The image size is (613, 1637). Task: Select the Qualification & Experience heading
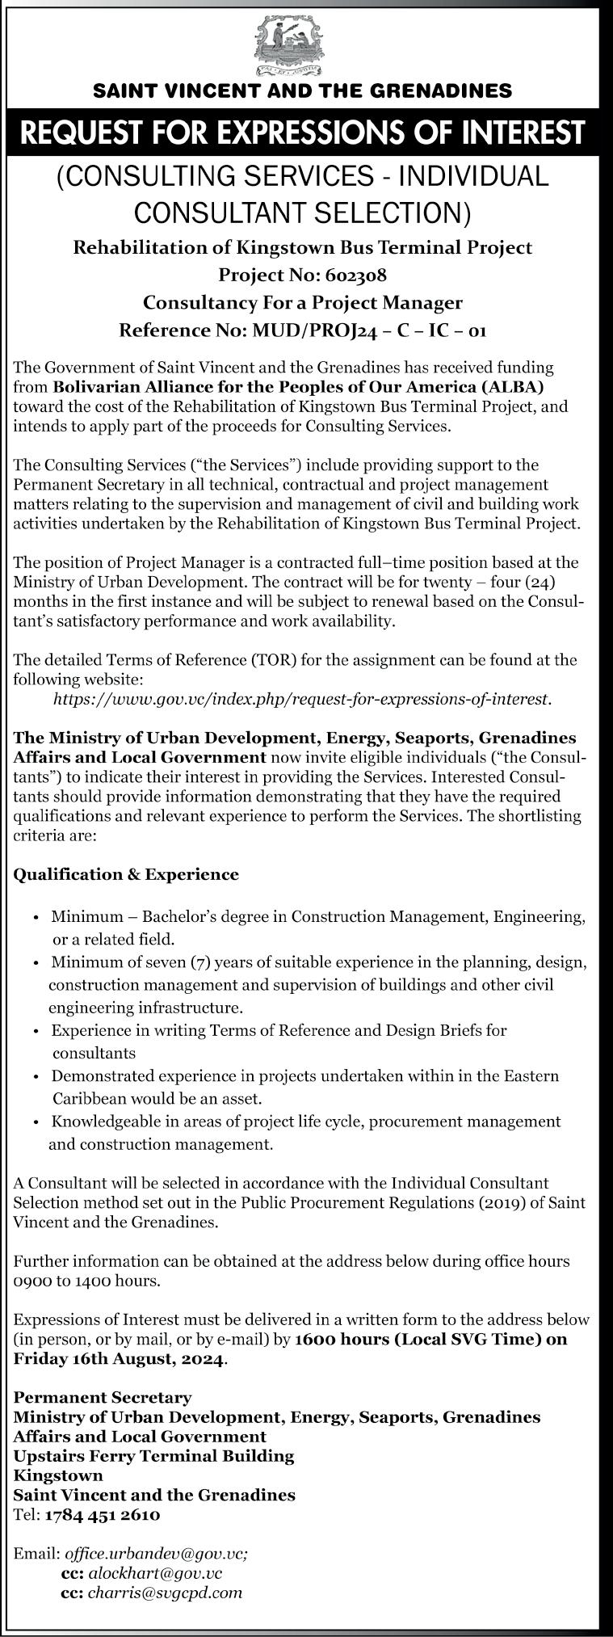[126, 874]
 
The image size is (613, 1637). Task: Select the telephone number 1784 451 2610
[103, 1515]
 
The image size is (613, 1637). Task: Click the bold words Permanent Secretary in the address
[103, 1397]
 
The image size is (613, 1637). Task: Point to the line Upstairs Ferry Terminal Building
[153, 1456]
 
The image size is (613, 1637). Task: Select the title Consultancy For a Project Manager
[303, 302]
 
